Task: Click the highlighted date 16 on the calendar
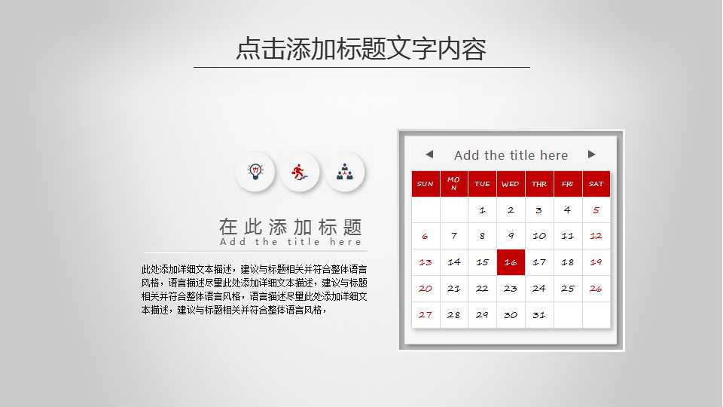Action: pos(511,262)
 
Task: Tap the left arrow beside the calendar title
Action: pos(429,155)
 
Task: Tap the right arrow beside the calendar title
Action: pos(592,155)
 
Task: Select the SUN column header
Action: pos(426,184)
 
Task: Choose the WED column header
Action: pos(511,184)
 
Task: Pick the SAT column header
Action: pos(596,184)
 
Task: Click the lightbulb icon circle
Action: pos(255,172)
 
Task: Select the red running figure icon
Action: pos(300,172)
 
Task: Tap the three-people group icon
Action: pos(345,172)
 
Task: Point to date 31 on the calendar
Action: pos(539,315)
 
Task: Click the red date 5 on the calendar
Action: pos(596,210)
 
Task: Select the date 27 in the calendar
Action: pos(426,315)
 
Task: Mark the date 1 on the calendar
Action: pos(482,210)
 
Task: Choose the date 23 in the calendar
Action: pos(511,289)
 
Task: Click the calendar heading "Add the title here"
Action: pos(511,155)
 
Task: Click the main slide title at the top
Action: pos(361,48)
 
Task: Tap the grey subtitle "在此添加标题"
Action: pos(291,227)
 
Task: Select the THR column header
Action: pos(539,184)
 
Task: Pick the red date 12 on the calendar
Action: pos(596,236)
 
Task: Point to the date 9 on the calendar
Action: pos(511,236)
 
